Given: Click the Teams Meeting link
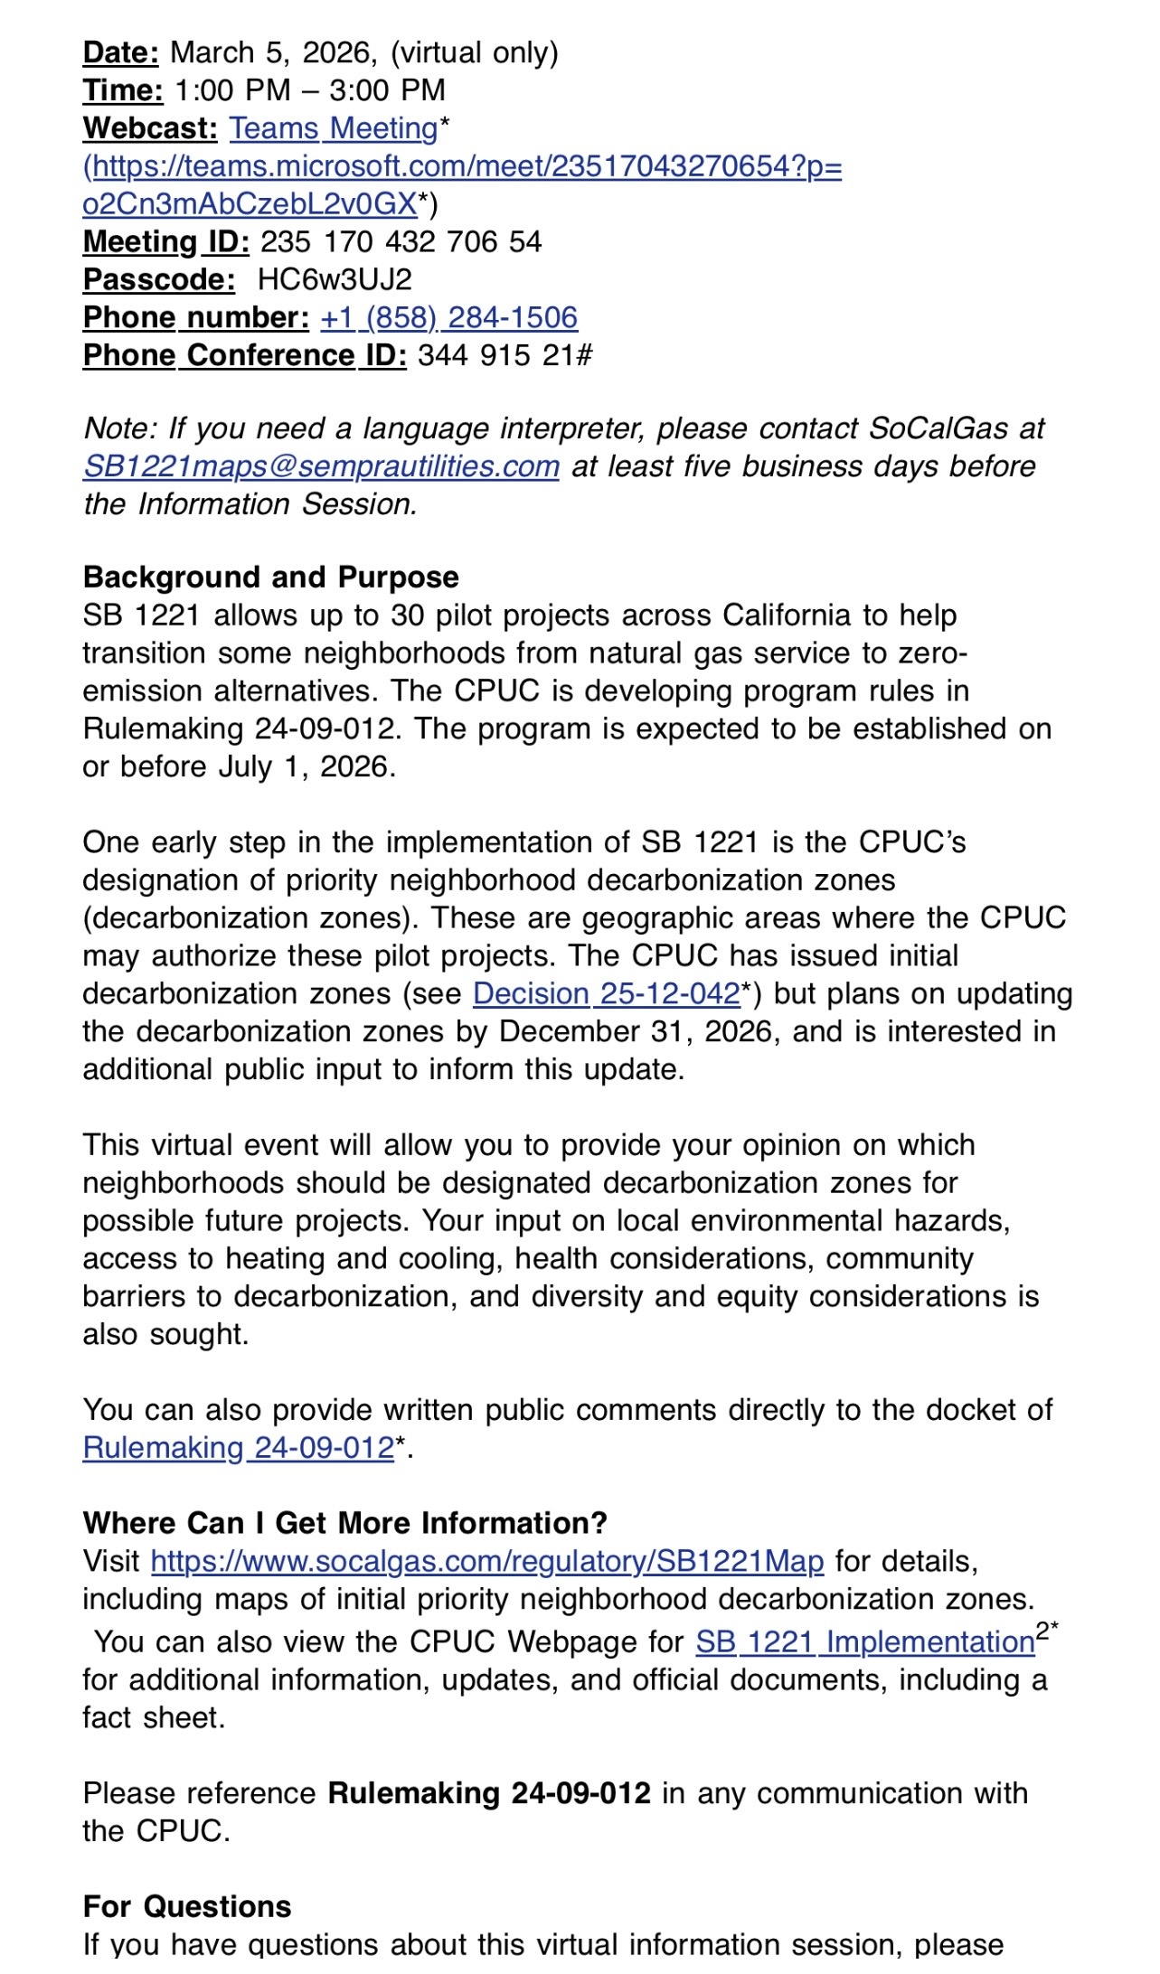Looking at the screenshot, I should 333,128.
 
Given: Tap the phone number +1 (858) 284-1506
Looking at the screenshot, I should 448,318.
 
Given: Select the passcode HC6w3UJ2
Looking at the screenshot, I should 335,280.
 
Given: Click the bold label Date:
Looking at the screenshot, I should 120,52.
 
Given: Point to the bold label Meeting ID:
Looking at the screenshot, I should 165,242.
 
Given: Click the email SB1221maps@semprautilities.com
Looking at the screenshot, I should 321,466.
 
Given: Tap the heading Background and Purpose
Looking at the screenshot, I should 270,578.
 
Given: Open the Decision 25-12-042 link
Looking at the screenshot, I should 606,994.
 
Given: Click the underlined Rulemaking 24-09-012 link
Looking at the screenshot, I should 239,1448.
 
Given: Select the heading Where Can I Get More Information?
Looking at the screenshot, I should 344,1523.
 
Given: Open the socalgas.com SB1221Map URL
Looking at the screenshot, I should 487,1562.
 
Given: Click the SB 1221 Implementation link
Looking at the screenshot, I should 864,1642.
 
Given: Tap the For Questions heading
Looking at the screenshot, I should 187,1906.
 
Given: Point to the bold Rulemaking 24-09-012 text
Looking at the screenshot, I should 489,1793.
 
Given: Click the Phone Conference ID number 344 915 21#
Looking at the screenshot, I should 505,356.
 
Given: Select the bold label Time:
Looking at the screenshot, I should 123,90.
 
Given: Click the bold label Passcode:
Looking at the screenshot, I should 159,280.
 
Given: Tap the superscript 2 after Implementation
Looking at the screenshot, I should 1042,1631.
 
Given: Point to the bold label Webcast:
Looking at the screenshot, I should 150,128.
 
